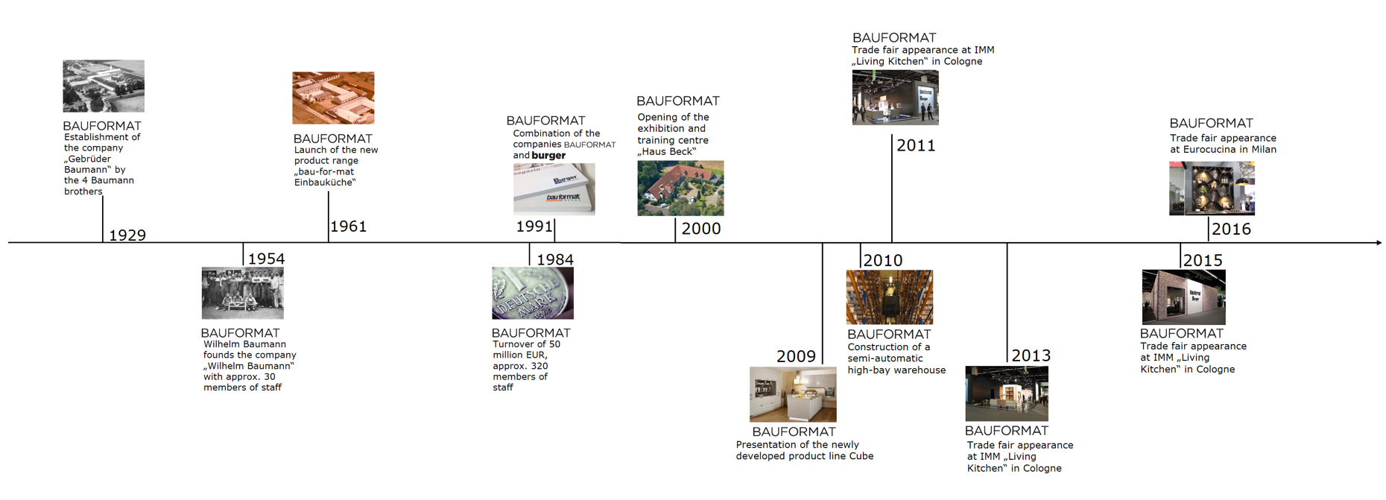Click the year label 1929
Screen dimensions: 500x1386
(x=127, y=235)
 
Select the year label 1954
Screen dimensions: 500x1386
(x=266, y=259)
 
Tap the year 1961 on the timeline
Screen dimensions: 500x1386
(x=348, y=227)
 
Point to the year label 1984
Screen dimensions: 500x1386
(x=555, y=259)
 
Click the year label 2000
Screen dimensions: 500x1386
(x=701, y=229)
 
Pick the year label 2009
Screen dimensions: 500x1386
(x=796, y=356)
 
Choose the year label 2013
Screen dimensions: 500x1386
(x=1031, y=355)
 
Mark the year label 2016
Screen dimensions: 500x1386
(x=1231, y=230)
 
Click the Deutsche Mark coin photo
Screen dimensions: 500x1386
(x=532, y=294)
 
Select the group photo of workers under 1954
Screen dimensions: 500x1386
(x=242, y=294)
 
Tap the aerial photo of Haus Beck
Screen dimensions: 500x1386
(x=680, y=189)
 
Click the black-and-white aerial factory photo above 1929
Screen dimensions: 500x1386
(x=104, y=86)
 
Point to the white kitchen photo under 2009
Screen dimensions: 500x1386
(x=793, y=394)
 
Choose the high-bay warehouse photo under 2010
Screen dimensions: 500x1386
(x=889, y=297)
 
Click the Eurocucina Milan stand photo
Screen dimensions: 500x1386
(x=1212, y=189)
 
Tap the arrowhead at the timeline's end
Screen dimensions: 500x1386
(x=1379, y=242)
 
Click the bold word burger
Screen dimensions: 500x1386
(x=548, y=156)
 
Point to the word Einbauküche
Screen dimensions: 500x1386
(x=324, y=183)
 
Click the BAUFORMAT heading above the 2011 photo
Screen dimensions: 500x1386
(x=893, y=37)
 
